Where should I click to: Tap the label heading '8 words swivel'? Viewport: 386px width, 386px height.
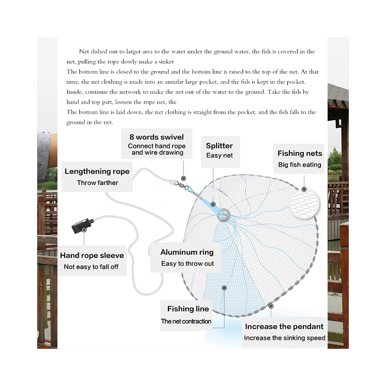click(156, 137)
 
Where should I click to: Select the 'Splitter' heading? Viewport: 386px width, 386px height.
click(219, 146)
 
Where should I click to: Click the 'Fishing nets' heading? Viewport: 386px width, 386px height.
click(300, 153)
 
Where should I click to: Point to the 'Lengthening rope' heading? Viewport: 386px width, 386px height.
click(97, 171)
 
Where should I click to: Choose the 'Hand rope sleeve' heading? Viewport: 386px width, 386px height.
click(92, 255)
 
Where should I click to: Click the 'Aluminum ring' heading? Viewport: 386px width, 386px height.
click(187, 252)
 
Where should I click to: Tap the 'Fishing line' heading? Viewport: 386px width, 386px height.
click(188, 309)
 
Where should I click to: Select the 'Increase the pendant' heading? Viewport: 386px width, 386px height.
click(284, 327)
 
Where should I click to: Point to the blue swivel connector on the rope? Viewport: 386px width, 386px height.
click(190, 189)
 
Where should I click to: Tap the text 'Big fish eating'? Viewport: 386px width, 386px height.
click(300, 165)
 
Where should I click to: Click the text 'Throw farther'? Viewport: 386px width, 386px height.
click(97, 183)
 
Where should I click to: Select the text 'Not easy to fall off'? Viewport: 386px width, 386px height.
click(91, 267)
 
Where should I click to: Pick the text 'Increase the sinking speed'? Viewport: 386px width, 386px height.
click(284, 338)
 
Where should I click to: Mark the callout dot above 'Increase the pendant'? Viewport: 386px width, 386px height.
click(271, 305)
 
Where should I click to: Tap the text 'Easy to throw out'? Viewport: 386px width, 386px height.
click(187, 264)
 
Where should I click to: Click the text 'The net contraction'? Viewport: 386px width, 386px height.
click(186, 321)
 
